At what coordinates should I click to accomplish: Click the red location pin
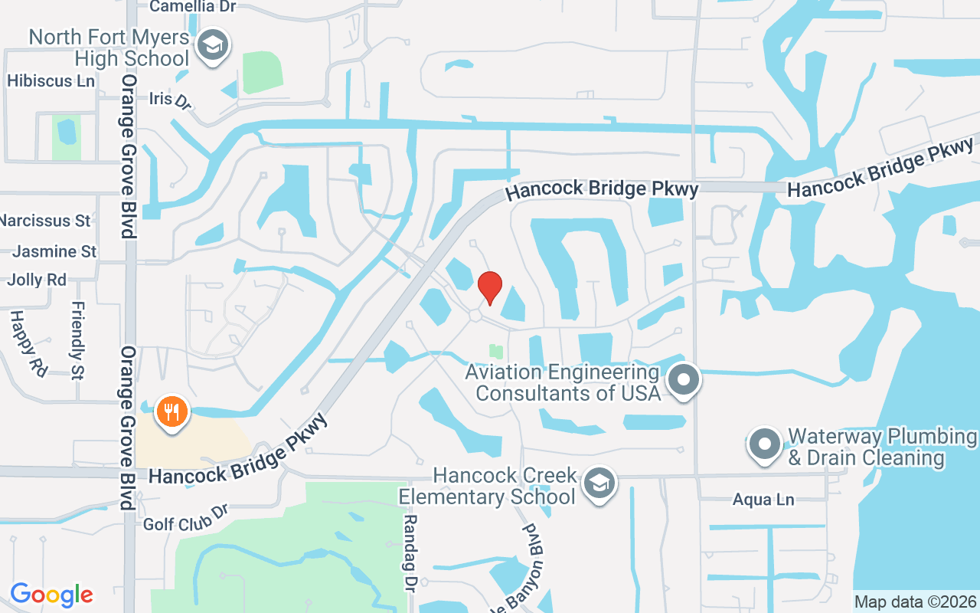click(490, 288)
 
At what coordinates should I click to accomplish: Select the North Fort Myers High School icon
click(212, 45)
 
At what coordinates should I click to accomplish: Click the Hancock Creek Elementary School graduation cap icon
click(599, 483)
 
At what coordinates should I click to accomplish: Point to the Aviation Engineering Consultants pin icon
click(684, 380)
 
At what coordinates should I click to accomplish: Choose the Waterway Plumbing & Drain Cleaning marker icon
click(763, 444)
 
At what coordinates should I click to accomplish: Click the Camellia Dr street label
click(193, 7)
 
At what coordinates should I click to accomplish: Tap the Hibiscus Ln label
click(51, 80)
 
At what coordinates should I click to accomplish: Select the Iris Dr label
click(170, 100)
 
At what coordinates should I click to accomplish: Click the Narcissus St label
click(45, 221)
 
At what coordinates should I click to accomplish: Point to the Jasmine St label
click(55, 251)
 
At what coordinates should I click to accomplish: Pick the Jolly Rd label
click(37, 280)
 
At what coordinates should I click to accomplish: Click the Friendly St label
click(77, 340)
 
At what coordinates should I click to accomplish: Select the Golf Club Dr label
click(186, 519)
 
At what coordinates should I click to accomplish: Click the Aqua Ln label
click(763, 500)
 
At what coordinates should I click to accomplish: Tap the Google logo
click(51, 595)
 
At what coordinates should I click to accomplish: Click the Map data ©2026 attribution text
click(916, 602)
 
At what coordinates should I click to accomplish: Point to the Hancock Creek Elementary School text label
click(487, 486)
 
